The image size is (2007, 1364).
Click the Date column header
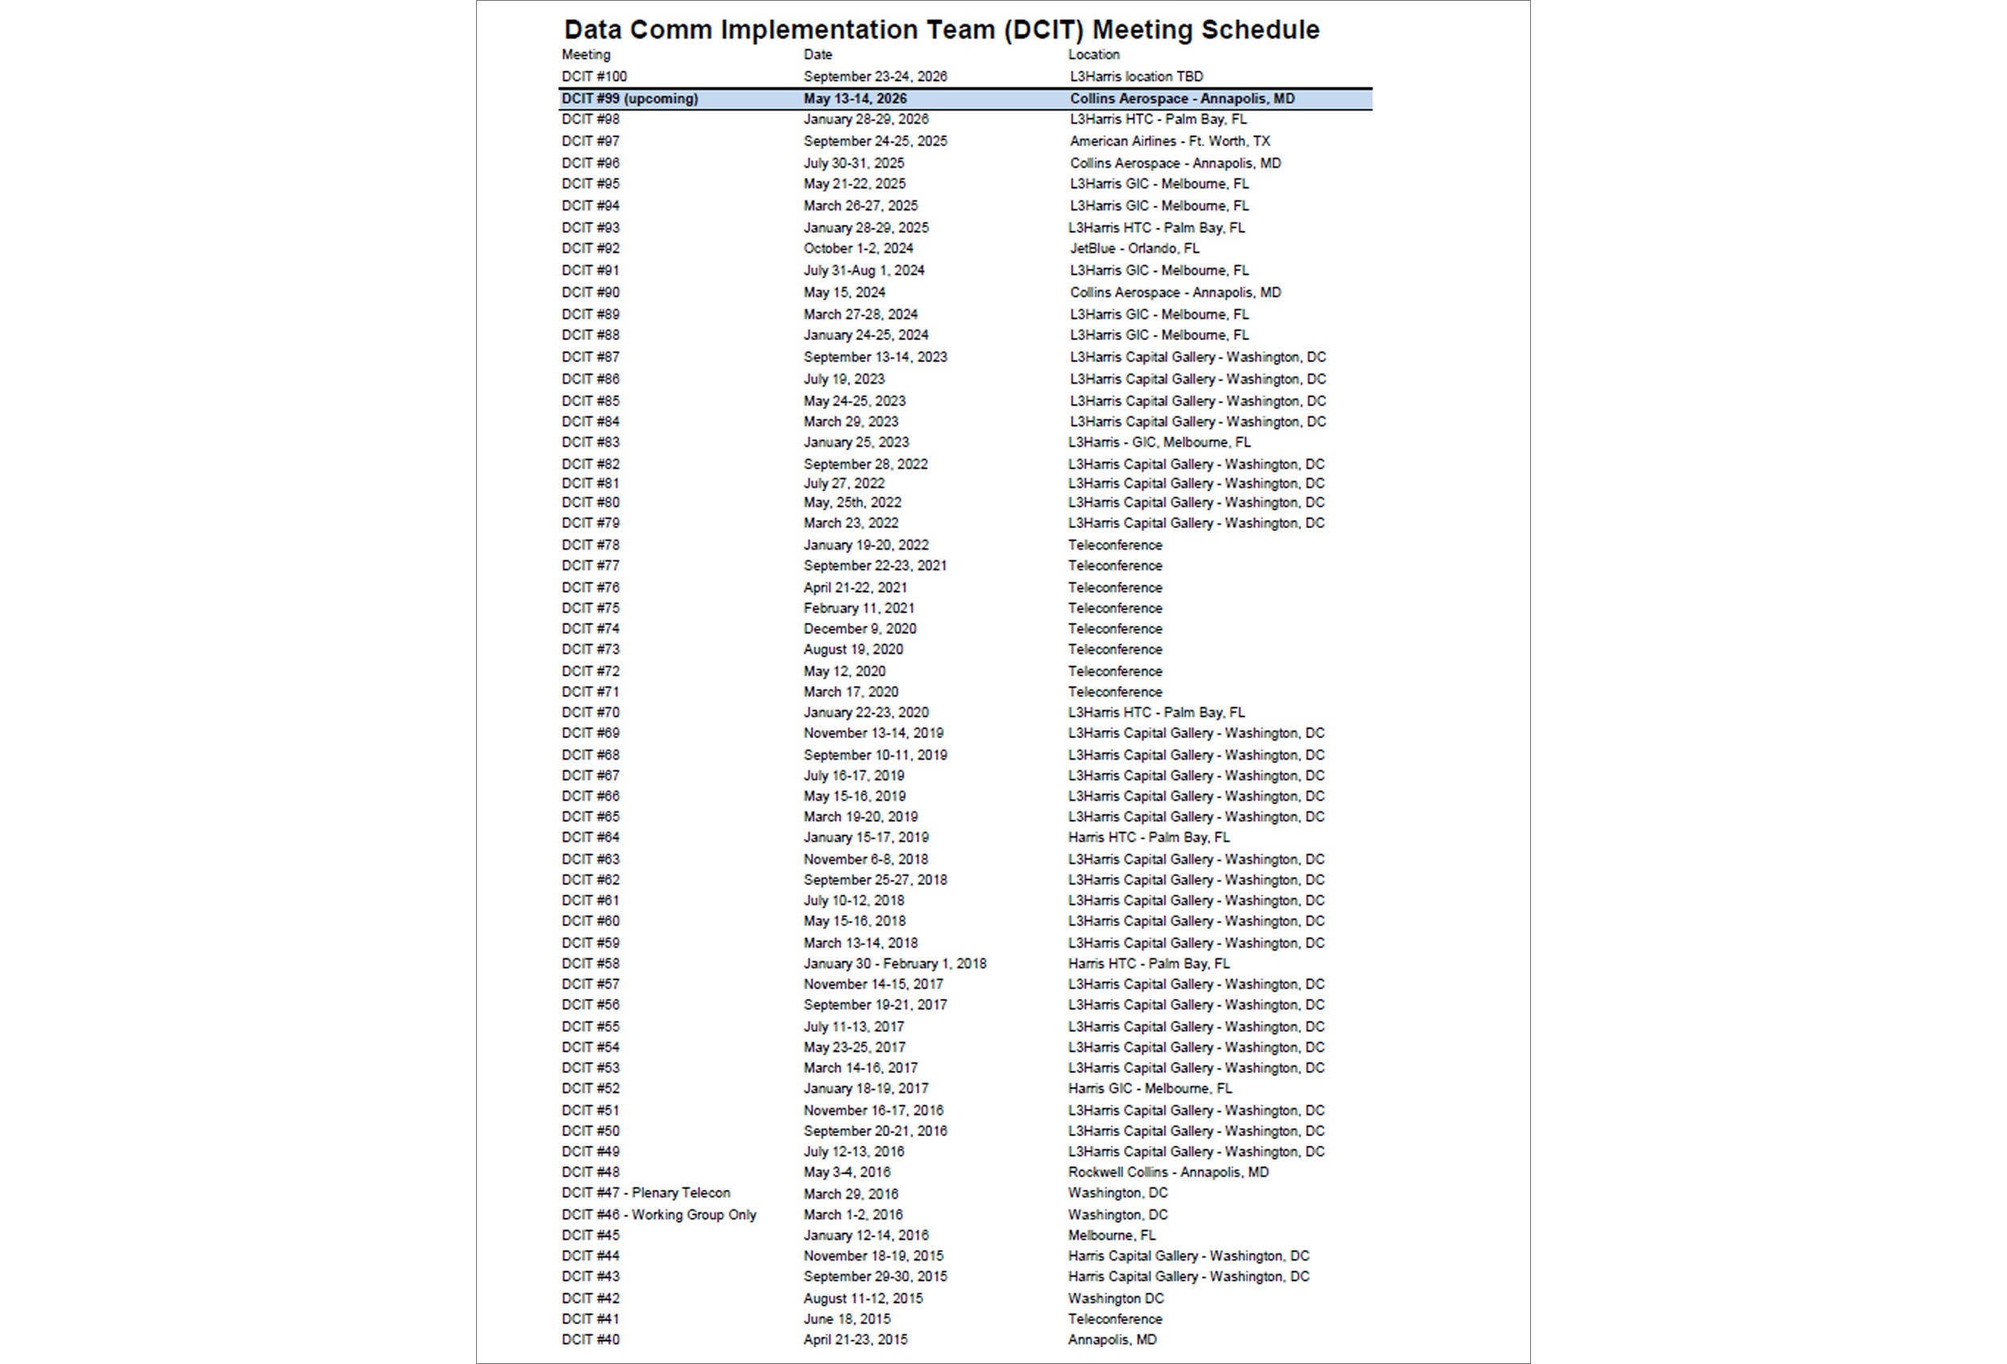coord(817,55)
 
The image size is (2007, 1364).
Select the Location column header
coord(1093,55)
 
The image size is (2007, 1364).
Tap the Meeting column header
coord(585,55)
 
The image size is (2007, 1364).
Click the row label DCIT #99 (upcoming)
coord(629,99)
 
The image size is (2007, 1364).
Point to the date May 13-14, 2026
coord(855,99)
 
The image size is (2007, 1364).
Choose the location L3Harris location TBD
coord(1136,76)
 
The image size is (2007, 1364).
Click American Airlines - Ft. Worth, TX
coord(1170,140)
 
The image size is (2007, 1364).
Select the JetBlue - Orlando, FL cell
coord(1134,248)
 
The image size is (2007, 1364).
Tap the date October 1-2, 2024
coord(857,248)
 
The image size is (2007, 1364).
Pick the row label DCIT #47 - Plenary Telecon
coord(645,1192)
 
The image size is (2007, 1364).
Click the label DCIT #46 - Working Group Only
coord(658,1214)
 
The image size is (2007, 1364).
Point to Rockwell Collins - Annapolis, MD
coord(1167,1171)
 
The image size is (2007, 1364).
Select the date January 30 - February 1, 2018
coord(894,963)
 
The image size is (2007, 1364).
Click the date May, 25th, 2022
coord(852,501)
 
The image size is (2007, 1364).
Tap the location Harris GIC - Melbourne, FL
coord(1150,1088)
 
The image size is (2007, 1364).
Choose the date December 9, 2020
coord(859,628)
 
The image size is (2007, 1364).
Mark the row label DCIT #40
coord(590,1339)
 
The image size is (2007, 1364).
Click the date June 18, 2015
coord(846,1318)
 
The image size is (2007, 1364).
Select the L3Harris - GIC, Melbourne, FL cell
coord(1159,442)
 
